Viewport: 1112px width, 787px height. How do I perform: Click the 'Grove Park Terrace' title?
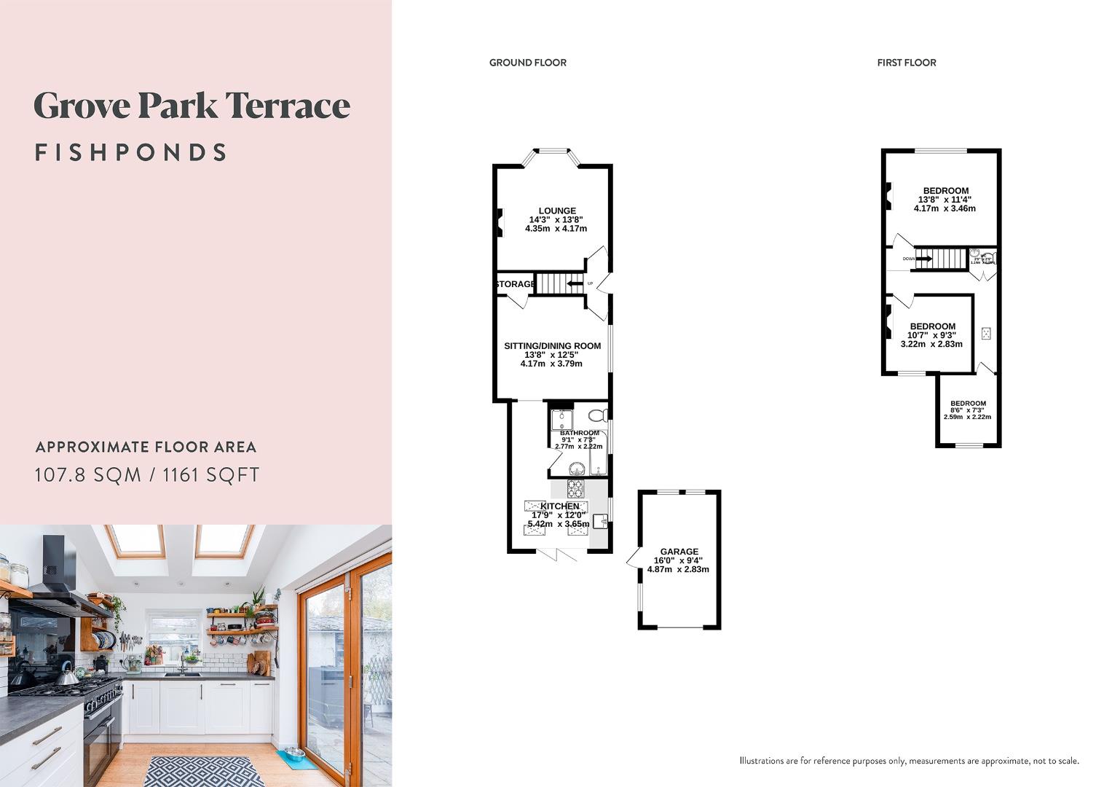192,106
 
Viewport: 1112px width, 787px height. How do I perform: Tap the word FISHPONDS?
131,152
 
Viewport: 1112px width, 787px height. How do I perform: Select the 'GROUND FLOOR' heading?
527,63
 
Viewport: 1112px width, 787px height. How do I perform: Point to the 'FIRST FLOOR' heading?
906,63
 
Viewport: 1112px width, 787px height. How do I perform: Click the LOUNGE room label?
557,211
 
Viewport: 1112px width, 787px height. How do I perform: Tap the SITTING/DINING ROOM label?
552,346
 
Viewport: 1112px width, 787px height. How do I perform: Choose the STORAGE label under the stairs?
515,284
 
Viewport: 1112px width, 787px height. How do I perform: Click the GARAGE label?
679,552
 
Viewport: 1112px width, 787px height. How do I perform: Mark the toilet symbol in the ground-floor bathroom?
598,415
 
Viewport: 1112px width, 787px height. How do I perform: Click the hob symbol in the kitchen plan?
575,488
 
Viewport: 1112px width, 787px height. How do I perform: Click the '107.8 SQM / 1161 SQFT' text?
147,475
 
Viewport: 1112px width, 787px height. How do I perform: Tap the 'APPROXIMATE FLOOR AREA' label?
146,447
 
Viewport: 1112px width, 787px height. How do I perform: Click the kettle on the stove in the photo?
67,677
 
